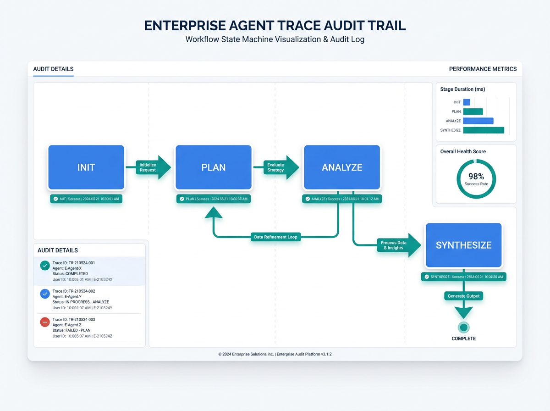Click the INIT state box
(86, 167)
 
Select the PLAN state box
(214, 167)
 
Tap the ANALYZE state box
(342, 167)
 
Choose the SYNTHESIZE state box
(463, 245)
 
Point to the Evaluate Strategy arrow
(277, 167)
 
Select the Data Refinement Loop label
(275, 237)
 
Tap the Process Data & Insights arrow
(395, 245)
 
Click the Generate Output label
(463, 296)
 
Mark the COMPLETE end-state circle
(463, 327)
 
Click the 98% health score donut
(476, 179)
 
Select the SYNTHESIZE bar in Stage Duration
(484, 130)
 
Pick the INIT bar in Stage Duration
(467, 102)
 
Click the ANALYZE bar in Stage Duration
(478, 121)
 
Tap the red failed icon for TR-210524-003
(44, 322)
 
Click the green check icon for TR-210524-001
(44, 265)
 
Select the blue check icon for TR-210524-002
(44, 294)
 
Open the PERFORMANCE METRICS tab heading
(483, 69)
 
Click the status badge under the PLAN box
(214, 199)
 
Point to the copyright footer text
(275, 354)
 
